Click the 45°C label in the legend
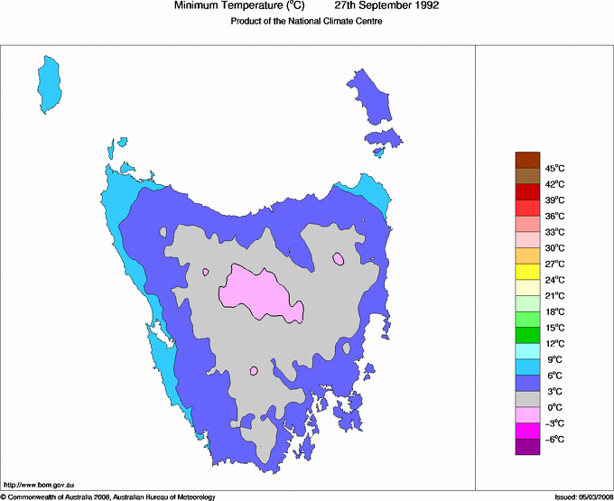555,168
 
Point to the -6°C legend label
555,439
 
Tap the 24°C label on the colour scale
555,280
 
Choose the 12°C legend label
555,343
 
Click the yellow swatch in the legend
527,272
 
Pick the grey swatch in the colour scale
527,399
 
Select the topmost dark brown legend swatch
527,160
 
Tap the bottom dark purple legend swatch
527,447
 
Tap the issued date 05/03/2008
592,496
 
